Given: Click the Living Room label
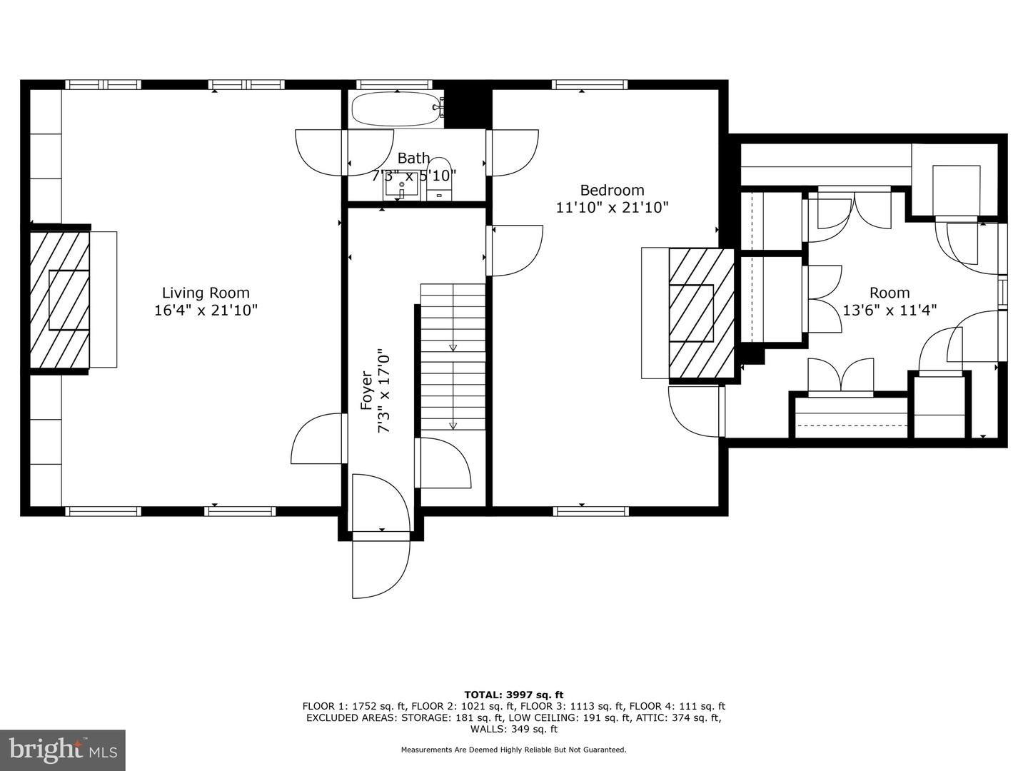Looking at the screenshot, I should pos(206,293).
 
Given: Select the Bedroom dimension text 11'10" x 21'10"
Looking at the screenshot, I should pos(612,208).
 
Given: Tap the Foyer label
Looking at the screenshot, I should pos(366,390).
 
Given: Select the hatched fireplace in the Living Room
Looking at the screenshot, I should pos(60,299).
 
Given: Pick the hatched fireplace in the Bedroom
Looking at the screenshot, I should pos(700,313).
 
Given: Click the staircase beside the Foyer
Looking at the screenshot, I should pos(452,357).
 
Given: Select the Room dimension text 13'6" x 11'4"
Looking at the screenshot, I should pos(890,310).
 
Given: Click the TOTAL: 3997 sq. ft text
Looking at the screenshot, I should pos(513,695).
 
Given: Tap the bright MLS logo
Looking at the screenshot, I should pos(63,750).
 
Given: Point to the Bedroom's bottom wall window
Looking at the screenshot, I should pos(591,511).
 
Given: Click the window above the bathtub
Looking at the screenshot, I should pos(396,84).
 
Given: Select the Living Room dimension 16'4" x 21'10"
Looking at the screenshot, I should pos(206,311).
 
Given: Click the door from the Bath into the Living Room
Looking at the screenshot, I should pos(321,151).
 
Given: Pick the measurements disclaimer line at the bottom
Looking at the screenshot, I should pos(513,750).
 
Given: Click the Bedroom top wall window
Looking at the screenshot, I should pos(590,84).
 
